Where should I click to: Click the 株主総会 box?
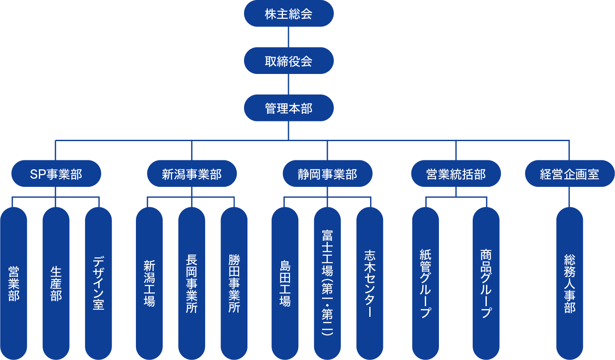288,14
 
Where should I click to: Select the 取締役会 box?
288,61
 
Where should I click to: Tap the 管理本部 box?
288,108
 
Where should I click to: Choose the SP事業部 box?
56,174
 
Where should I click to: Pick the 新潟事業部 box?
191,174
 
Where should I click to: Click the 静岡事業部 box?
327,174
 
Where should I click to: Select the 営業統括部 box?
456,174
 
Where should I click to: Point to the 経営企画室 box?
569,174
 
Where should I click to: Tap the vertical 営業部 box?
14,283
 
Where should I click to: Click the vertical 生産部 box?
56,283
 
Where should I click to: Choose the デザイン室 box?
98,283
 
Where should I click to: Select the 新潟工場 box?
149,283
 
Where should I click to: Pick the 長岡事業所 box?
191,283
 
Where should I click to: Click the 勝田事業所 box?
234,283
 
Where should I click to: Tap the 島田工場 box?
285,283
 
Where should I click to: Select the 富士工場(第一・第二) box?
327,283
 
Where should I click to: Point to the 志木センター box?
370,283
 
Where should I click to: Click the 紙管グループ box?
425,283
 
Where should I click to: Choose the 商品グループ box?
486,283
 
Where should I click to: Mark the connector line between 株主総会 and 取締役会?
288,37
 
